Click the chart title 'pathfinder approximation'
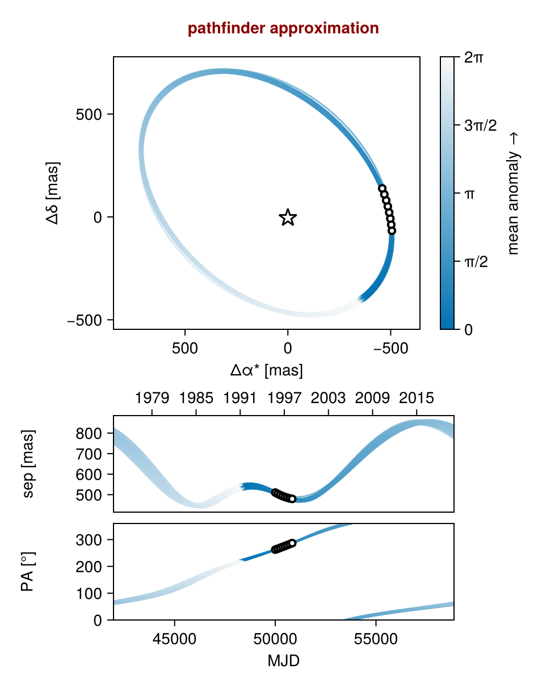[x=283, y=28]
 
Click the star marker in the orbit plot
[x=288, y=217]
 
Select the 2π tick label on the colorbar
[x=474, y=57]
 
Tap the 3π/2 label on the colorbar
[x=480, y=125]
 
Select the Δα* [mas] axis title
[x=266, y=371]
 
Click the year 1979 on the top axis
[x=152, y=398]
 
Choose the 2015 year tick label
[x=417, y=398]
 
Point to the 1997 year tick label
[x=284, y=398]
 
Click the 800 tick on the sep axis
[x=88, y=434]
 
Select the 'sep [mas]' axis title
[x=29, y=463]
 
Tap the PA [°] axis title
[x=27, y=571]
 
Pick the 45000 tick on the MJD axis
[x=174, y=638]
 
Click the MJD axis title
[x=283, y=661]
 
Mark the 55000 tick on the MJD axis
[x=377, y=638]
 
